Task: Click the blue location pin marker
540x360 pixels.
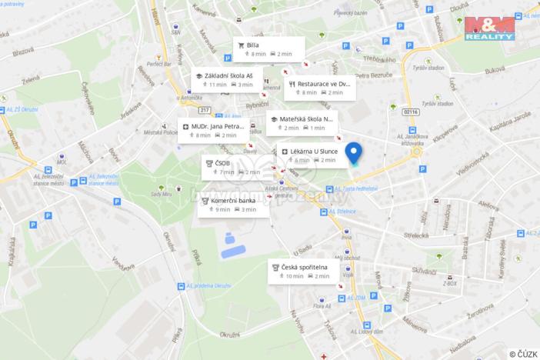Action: click(x=354, y=153)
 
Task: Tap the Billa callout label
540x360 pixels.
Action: click(x=264, y=49)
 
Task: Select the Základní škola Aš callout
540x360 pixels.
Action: click(x=227, y=80)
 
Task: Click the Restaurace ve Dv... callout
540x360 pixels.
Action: click(x=320, y=88)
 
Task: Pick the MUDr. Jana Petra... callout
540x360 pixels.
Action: click(x=213, y=130)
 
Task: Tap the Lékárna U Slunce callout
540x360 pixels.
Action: click(x=310, y=155)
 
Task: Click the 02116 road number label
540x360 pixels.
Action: click(x=412, y=111)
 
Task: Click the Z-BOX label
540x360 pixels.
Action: click(x=449, y=284)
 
